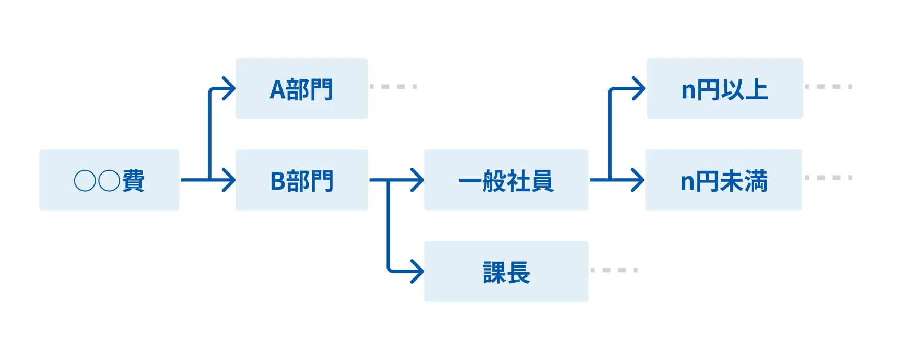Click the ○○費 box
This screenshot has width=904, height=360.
coord(109,180)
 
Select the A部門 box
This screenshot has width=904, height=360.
coord(301,89)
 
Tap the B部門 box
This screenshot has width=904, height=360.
coord(301,180)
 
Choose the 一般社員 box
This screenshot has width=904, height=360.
coord(506,180)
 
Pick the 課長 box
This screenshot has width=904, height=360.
coord(506,271)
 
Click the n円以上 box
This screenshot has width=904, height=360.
coord(724,89)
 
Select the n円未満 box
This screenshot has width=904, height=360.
coord(723,180)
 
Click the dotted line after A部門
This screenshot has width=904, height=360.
coord(393,86)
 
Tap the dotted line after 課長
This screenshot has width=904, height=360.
coord(614,270)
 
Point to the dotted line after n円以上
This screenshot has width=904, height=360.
coord(829,86)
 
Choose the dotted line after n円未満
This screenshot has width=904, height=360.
coord(829,178)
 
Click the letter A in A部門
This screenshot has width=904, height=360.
coord(277,90)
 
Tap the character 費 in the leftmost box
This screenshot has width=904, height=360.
coord(134,181)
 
